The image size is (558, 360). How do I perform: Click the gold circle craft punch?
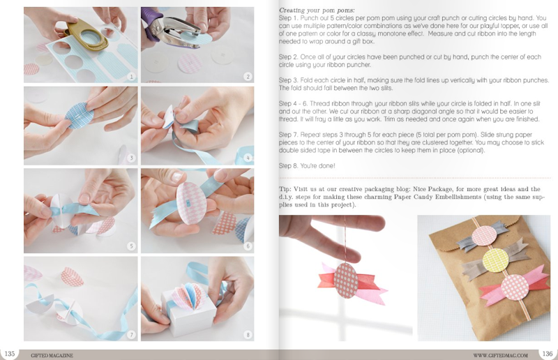88,36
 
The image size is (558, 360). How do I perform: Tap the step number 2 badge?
248,76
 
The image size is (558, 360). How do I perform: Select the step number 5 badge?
131,246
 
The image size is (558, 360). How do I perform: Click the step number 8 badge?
248,335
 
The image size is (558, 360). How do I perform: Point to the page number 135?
10,354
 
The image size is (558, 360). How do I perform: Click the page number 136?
548,354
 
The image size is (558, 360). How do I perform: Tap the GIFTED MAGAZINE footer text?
52,355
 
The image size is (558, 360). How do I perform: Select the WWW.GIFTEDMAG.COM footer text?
500,355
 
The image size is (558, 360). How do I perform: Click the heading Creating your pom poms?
317,10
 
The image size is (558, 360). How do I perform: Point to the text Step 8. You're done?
307,165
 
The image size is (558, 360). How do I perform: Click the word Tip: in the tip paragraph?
285,189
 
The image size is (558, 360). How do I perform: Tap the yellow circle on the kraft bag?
495,260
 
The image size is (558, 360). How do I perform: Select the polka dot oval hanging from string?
346,280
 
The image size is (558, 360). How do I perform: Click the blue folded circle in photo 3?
80,114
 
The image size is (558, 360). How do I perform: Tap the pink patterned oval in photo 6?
191,203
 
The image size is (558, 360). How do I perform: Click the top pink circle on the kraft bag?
484,236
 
